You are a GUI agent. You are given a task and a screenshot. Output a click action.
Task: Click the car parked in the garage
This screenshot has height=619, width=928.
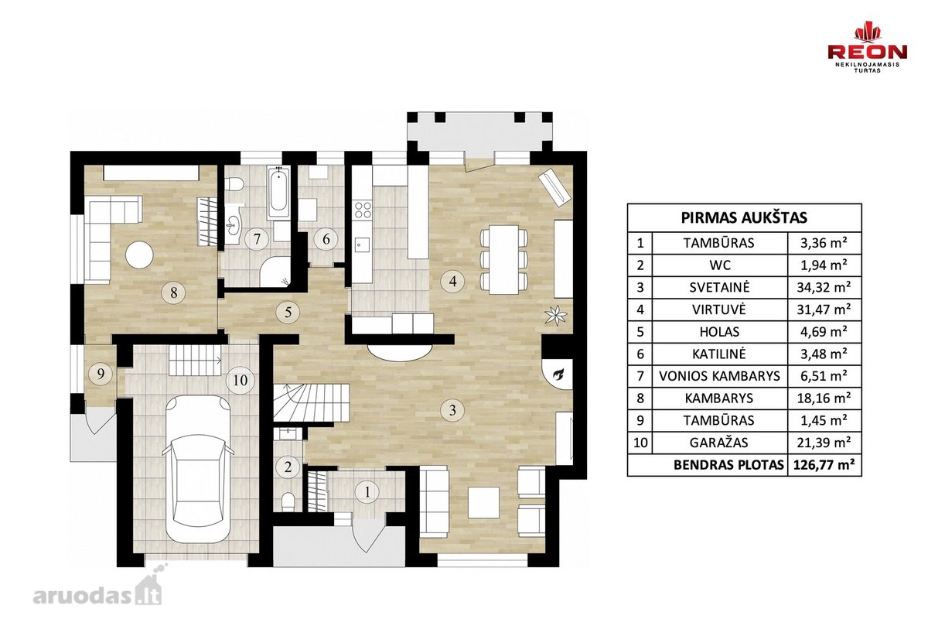click(x=198, y=467)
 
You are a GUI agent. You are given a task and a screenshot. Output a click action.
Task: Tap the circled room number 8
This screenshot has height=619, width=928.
click(x=173, y=292)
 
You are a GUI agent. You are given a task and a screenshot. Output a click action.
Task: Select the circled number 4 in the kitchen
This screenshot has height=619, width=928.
click(x=453, y=282)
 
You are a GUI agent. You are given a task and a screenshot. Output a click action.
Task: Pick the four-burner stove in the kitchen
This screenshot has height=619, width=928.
click(x=362, y=210)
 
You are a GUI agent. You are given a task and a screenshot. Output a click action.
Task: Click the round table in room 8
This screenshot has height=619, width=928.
click(x=139, y=255)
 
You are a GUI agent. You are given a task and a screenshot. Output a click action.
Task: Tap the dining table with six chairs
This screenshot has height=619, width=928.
click(x=503, y=259)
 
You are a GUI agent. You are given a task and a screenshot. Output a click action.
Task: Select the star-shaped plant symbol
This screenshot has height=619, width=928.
click(x=555, y=315)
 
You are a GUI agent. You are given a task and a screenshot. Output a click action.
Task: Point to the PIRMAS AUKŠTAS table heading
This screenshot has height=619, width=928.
click(x=744, y=217)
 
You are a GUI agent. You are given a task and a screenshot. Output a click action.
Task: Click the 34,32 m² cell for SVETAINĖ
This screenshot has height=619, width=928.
click(x=824, y=287)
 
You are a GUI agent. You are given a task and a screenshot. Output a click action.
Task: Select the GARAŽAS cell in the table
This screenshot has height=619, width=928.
click(x=720, y=443)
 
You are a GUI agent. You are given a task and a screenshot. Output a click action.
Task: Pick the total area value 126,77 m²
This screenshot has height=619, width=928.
click(x=824, y=465)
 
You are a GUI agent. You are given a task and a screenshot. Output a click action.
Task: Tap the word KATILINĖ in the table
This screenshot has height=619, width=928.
click(x=719, y=354)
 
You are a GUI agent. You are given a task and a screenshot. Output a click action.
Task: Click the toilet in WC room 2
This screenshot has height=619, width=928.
click(x=288, y=501)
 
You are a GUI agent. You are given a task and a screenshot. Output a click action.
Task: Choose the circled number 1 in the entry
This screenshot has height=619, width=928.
click(x=367, y=492)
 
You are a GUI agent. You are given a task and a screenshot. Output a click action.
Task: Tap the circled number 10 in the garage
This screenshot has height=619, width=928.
click(x=241, y=380)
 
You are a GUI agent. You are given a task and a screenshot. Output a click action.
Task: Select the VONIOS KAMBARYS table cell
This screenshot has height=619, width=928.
click(x=720, y=376)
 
